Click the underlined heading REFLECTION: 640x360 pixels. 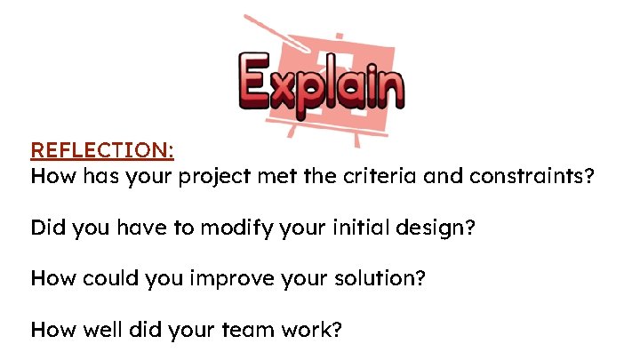tap(102, 149)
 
